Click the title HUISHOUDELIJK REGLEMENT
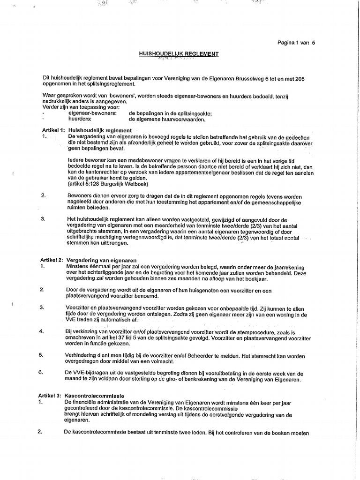(179, 54)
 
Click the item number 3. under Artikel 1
(43, 219)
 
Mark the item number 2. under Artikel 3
(40, 431)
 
